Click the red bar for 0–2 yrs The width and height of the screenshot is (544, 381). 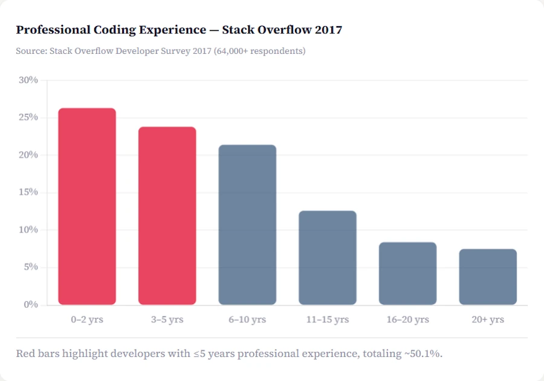87,206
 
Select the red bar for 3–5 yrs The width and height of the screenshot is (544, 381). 167,215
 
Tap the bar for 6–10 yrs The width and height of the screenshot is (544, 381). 247,224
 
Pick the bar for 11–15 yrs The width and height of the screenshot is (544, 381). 328,258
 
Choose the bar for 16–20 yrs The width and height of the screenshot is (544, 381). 407,273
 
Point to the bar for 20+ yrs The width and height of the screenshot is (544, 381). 488,276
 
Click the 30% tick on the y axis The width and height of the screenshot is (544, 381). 28,80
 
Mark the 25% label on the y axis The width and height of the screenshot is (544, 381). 28,117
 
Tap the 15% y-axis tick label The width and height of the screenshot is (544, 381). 28,192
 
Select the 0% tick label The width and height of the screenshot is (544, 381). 31,305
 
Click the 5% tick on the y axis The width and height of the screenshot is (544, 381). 31,267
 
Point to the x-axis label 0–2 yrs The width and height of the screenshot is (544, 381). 87,319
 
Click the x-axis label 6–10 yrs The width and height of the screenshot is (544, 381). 247,319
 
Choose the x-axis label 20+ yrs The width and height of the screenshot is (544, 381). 488,319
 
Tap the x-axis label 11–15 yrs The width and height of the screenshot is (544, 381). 328,319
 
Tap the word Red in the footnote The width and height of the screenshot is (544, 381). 25,353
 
